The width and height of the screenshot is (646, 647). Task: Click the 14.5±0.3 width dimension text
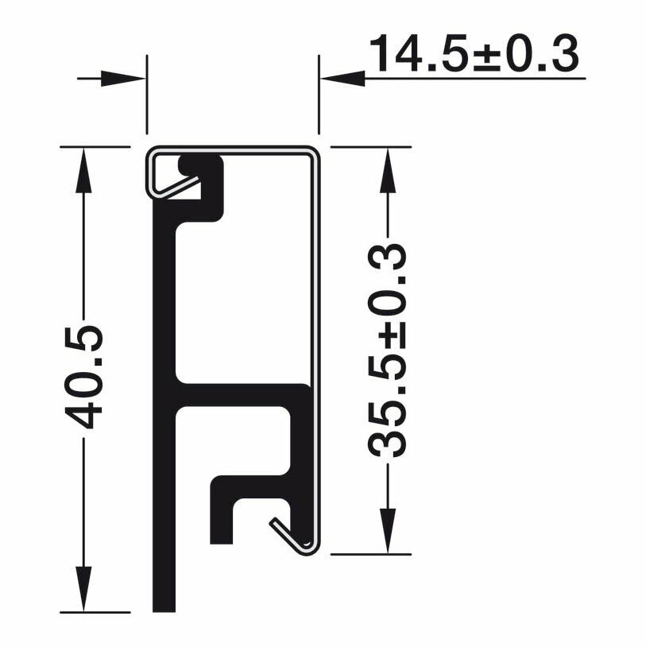click(474, 53)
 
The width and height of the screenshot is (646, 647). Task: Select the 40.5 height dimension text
click(84, 376)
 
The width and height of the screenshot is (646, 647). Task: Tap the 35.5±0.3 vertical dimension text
click(389, 351)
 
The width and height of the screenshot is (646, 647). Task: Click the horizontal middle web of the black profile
click(238, 395)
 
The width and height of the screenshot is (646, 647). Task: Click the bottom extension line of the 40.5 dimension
click(95, 612)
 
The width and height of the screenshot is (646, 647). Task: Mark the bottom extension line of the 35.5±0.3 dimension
click(370, 554)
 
